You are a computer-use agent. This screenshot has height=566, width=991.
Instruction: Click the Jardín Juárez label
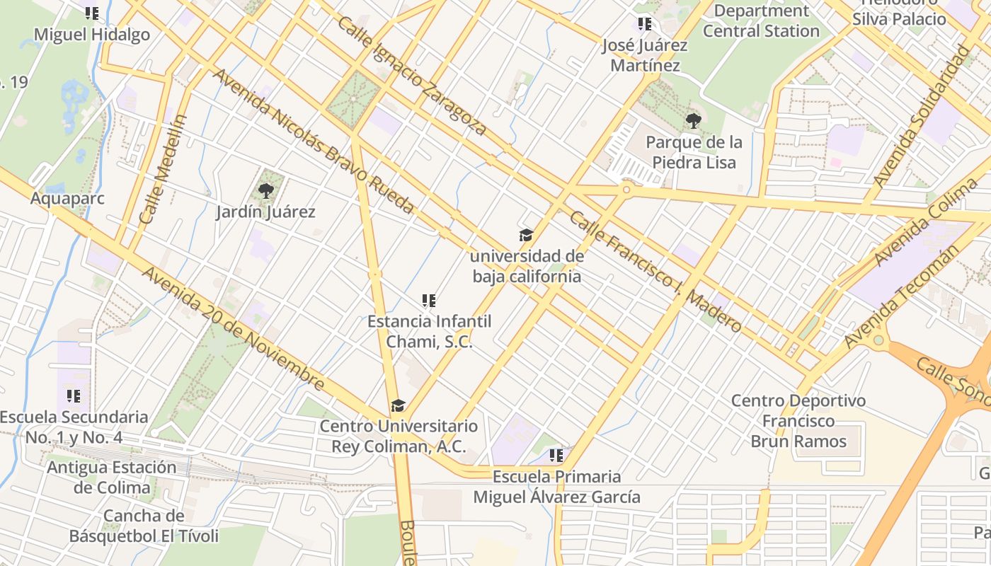[265, 212]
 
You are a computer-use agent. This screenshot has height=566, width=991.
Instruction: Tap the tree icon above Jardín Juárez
[265, 190]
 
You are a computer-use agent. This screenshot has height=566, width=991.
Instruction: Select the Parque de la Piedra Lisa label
[694, 152]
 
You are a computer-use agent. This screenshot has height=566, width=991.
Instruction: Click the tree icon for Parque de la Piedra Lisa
[694, 121]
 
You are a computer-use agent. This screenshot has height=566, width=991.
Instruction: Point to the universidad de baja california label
[527, 266]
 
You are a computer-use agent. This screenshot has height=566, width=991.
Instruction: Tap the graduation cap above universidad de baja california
[526, 235]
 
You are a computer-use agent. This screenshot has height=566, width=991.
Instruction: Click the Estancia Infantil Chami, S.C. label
[429, 331]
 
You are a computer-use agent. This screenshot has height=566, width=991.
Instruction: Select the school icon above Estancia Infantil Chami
[428, 301]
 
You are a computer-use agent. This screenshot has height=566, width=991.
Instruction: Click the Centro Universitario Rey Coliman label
[399, 437]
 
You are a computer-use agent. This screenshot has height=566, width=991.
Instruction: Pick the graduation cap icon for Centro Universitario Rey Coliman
[399, 406]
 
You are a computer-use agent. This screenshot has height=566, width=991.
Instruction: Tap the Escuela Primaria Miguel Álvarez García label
[556, 487]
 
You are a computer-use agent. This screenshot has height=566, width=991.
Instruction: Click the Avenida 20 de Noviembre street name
[234, 329]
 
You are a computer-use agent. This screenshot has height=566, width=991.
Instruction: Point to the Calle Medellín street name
[163, 170]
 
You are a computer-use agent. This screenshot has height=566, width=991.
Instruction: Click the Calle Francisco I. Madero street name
[655, 272]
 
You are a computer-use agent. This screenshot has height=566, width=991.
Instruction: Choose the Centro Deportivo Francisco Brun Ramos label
[798, 421]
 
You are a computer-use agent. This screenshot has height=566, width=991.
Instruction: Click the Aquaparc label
[67, 198]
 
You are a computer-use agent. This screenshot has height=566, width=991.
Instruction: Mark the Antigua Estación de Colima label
[112, 478]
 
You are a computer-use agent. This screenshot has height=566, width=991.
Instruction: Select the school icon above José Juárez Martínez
[644, 24]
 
